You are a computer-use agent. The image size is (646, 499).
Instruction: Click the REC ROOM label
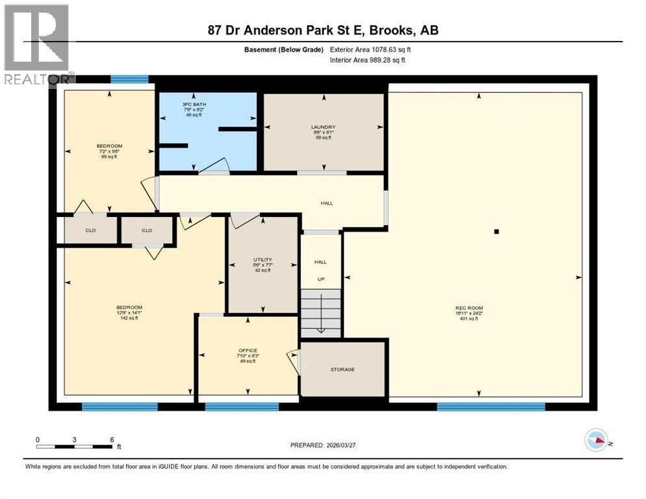[469, 308]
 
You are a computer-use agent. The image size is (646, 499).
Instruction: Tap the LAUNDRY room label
[323, 127]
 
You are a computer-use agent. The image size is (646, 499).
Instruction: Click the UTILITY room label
[263, 260]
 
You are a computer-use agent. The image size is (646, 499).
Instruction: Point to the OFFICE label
[248, 351]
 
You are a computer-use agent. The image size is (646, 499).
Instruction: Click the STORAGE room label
[342, 370]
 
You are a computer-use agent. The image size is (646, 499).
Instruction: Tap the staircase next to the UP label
[320, 313]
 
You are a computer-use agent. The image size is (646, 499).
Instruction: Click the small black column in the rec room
[496, 231]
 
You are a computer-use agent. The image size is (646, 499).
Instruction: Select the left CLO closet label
[91, 230]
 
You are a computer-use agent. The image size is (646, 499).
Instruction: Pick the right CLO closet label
[147, 230]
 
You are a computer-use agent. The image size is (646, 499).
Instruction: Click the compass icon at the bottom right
[597, 440]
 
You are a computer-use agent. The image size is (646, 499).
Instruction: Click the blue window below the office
[242, 407]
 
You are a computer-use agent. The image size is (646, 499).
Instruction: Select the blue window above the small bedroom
[129, 80]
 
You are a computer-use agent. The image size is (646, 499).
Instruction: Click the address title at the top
[323, 31]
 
